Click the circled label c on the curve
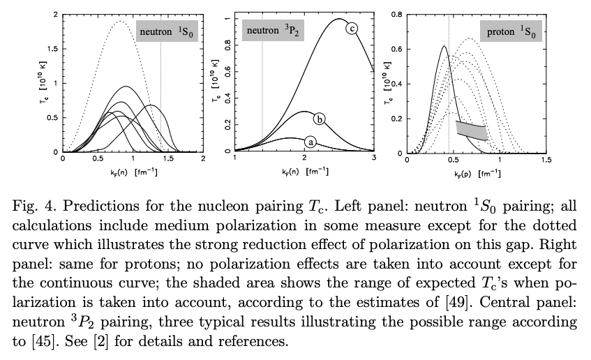pos(351,28)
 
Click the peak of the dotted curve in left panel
pos(120,22)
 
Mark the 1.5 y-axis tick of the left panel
pos(54,48)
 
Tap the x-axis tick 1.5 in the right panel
pos(546,160)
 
